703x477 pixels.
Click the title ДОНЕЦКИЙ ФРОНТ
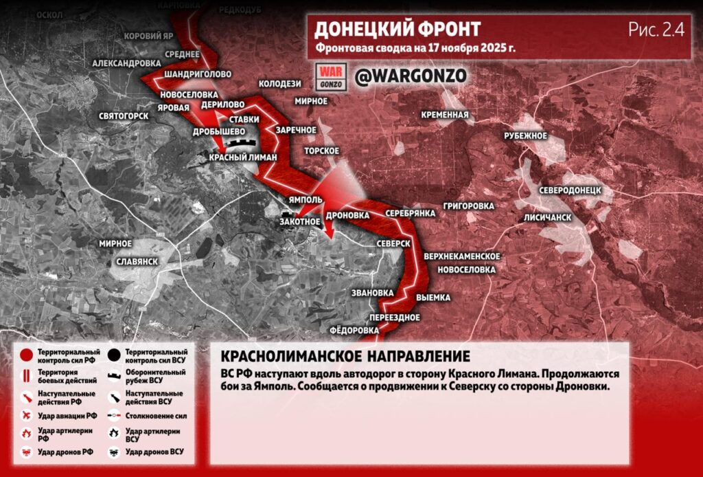(397, 29)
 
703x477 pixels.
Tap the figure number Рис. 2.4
(655, 29)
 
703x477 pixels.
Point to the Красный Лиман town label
(243, 157)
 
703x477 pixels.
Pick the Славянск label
(138, 262)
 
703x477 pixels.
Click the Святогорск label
(124, 115)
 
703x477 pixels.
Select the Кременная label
(446, 115)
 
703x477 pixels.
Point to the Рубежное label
(525, 136)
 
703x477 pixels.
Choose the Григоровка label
(469, 206)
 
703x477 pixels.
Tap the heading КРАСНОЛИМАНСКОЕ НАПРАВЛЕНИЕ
(345, 357)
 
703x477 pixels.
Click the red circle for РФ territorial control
(26, 355)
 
